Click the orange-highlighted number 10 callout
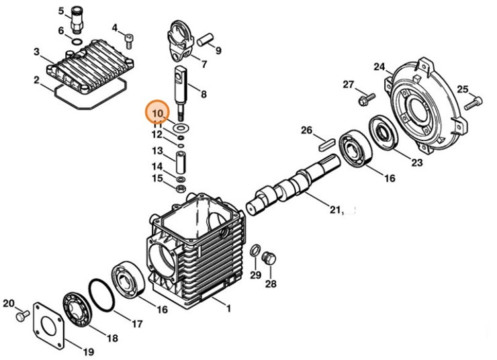(159, 111)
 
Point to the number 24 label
(379, 66)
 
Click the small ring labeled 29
(255, 251)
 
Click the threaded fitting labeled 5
(78, 20)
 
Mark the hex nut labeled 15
(180, 189)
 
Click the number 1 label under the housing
(228, 309)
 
